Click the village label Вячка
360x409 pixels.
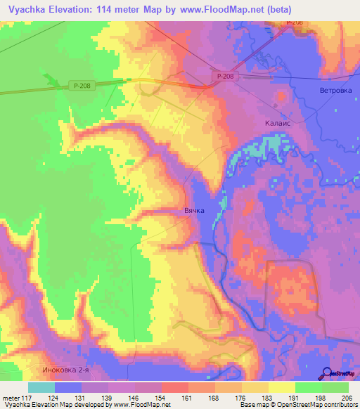pyautogui.click(x=194, y=210)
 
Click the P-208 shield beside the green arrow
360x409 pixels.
pyautogui.click(x=79, y=85)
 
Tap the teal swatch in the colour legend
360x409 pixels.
pyautogui.click(x=41, y=387)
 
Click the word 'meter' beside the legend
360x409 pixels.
pyautogui.click(x=12, y=398)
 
